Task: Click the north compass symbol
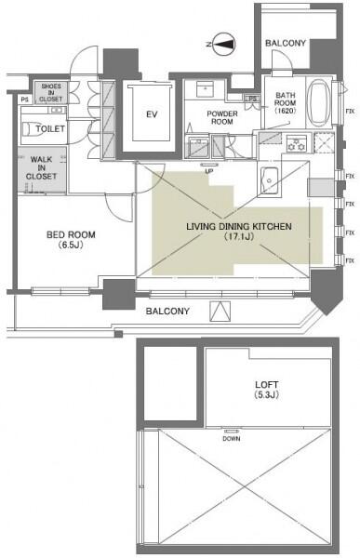223,44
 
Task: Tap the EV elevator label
152,114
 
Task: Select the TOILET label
50,129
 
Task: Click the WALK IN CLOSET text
41,167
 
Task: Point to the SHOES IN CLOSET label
50,92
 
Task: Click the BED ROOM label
71,235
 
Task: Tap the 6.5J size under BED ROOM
72,246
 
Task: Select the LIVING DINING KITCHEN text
238,226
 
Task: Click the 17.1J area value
239,236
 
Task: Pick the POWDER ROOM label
222,117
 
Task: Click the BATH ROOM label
286,103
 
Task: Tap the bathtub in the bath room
319,103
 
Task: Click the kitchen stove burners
297,144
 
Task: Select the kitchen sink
269,180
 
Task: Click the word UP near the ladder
209,171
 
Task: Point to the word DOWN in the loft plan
232,438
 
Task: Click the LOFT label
267,385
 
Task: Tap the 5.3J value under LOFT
267,395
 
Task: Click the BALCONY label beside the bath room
286,43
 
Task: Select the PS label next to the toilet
24,100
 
